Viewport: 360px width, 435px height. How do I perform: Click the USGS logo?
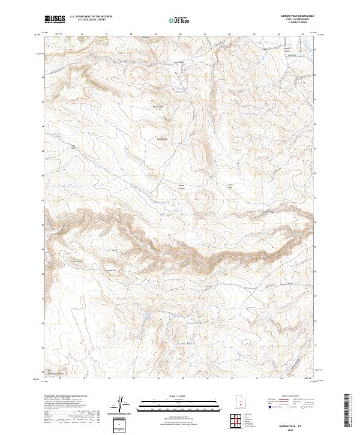tap(55, 19)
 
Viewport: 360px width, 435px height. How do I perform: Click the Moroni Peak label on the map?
tap(158, 107)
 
